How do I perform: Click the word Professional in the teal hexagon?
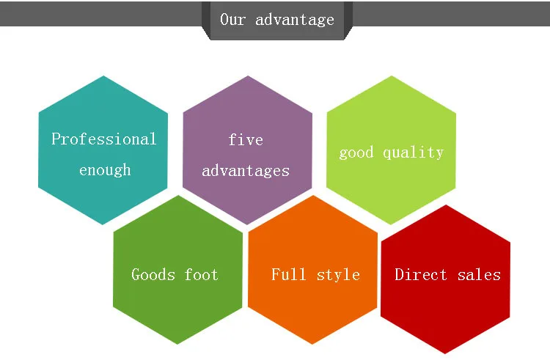103,139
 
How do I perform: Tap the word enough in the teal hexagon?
105,170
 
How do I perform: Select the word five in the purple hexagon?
246,139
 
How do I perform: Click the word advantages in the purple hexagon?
246,171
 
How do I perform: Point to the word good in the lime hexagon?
356,153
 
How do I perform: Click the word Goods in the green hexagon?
153,275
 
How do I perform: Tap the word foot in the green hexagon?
202,275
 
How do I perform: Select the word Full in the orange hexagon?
289,275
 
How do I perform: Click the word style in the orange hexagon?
338,275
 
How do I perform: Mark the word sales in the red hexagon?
479,275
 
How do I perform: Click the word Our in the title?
233,20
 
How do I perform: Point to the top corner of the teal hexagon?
103,76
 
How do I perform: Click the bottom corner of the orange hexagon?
313,344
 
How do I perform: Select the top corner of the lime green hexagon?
391,76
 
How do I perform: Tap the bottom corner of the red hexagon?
446,353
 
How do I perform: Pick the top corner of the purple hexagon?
247,76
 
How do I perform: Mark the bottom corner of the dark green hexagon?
178,344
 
